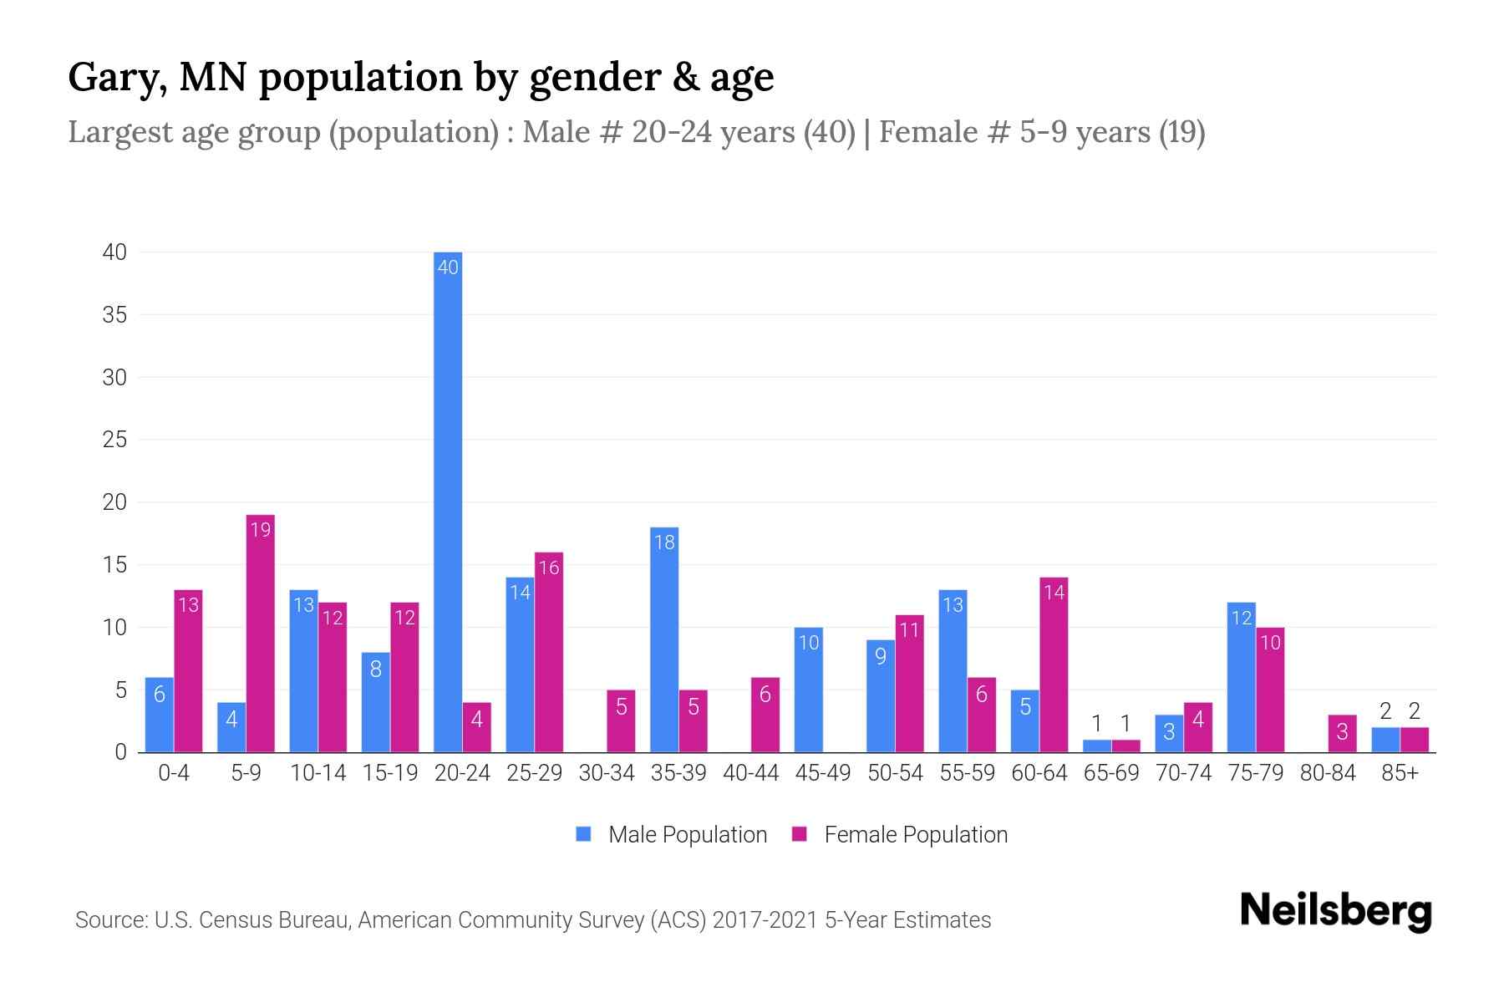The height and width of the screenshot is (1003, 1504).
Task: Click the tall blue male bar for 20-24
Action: coord(448,501)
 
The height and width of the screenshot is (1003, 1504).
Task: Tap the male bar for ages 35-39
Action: coord(664,639)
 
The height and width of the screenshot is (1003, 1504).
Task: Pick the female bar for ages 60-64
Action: coord(1054,664)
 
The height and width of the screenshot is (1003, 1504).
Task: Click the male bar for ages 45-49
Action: coord(808,690)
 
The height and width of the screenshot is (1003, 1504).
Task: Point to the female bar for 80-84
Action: coord(1342,733)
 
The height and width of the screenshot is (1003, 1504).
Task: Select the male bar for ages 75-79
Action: coord(1241,677)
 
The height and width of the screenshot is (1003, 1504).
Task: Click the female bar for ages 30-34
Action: coord(621,720)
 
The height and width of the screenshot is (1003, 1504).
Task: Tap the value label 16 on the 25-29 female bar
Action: coord(549,568)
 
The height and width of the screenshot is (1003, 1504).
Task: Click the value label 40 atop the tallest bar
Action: coord(448,267)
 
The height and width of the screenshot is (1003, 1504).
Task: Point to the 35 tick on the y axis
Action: coord(114,315)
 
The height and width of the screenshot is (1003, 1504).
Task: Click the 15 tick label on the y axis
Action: coord(114,565)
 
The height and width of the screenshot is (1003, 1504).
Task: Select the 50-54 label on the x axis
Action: coord(895,773)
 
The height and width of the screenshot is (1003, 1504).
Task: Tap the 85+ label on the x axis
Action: coord(1400,773)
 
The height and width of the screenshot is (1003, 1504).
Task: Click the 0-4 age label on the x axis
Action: coord(174,773)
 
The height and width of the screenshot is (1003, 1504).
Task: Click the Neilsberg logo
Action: coord(1335,911)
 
